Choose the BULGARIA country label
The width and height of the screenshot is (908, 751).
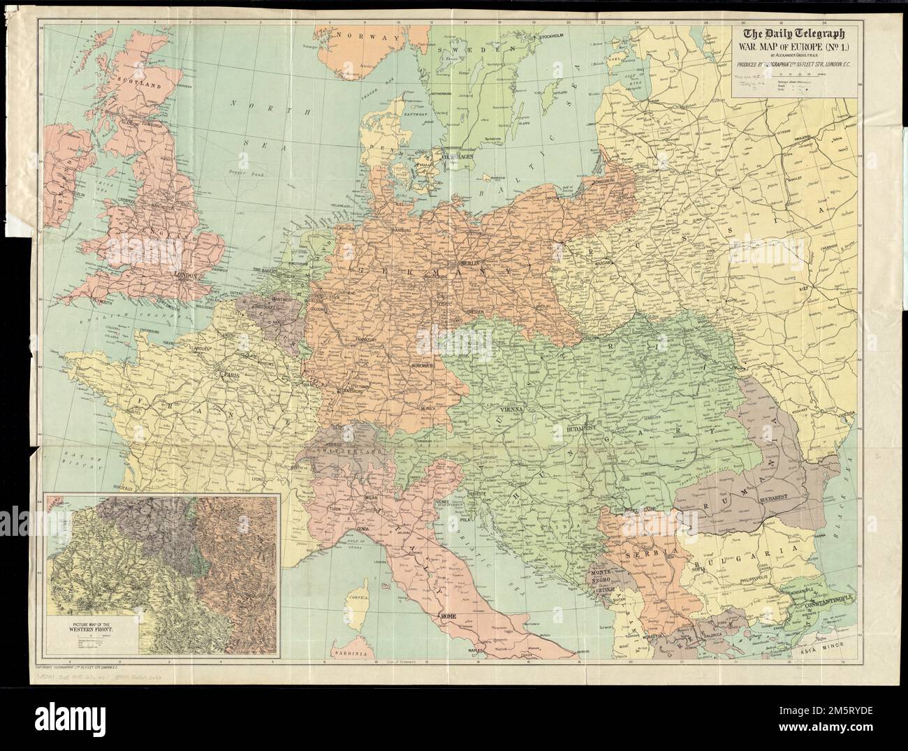[745, 560]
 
